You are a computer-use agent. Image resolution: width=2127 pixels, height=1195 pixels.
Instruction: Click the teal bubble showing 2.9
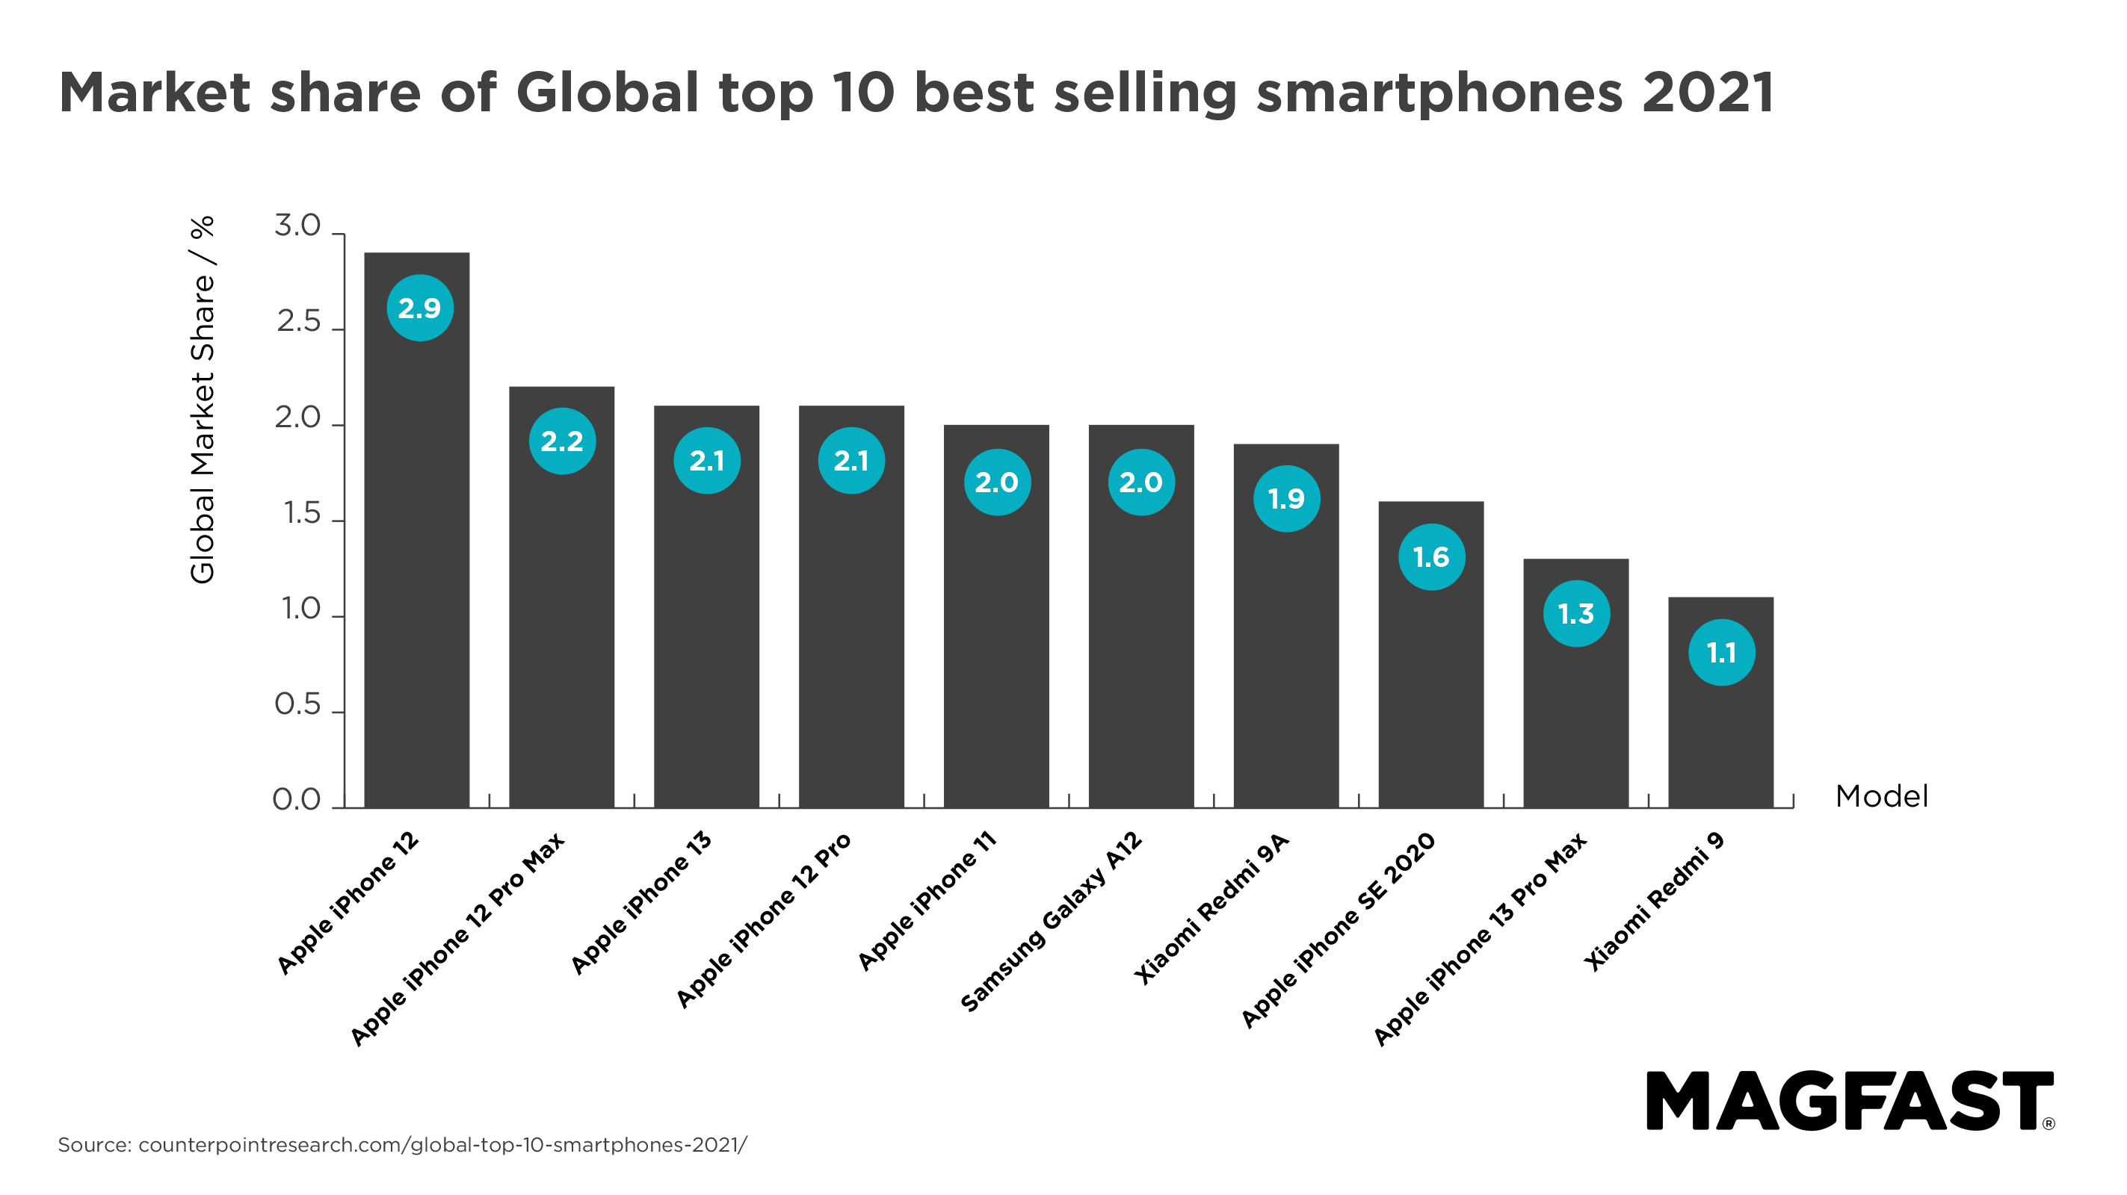(419, 308)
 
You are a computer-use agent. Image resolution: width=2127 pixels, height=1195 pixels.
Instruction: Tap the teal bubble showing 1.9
(1286, 498)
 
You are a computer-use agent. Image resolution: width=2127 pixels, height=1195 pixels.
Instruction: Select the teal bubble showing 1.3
(1576, 613)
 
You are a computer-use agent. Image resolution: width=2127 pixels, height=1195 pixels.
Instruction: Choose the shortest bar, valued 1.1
(1720, 742)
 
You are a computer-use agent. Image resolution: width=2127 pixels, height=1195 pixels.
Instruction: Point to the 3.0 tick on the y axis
(297, 226)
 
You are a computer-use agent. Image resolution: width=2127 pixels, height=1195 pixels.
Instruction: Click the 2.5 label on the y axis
(298, 321)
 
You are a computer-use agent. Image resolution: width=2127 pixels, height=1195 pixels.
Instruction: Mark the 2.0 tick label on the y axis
(297, 418)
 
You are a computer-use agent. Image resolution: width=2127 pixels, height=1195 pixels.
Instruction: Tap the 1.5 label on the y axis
(301, 513)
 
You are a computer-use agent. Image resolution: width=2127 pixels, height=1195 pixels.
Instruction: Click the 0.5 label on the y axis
(297, 704)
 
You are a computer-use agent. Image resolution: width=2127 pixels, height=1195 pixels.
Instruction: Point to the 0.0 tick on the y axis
(297, 800)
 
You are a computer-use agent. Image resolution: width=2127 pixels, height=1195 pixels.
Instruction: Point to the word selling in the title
(1145, 94)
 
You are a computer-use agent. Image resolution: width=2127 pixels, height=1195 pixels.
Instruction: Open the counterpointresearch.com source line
(402, 1145)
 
